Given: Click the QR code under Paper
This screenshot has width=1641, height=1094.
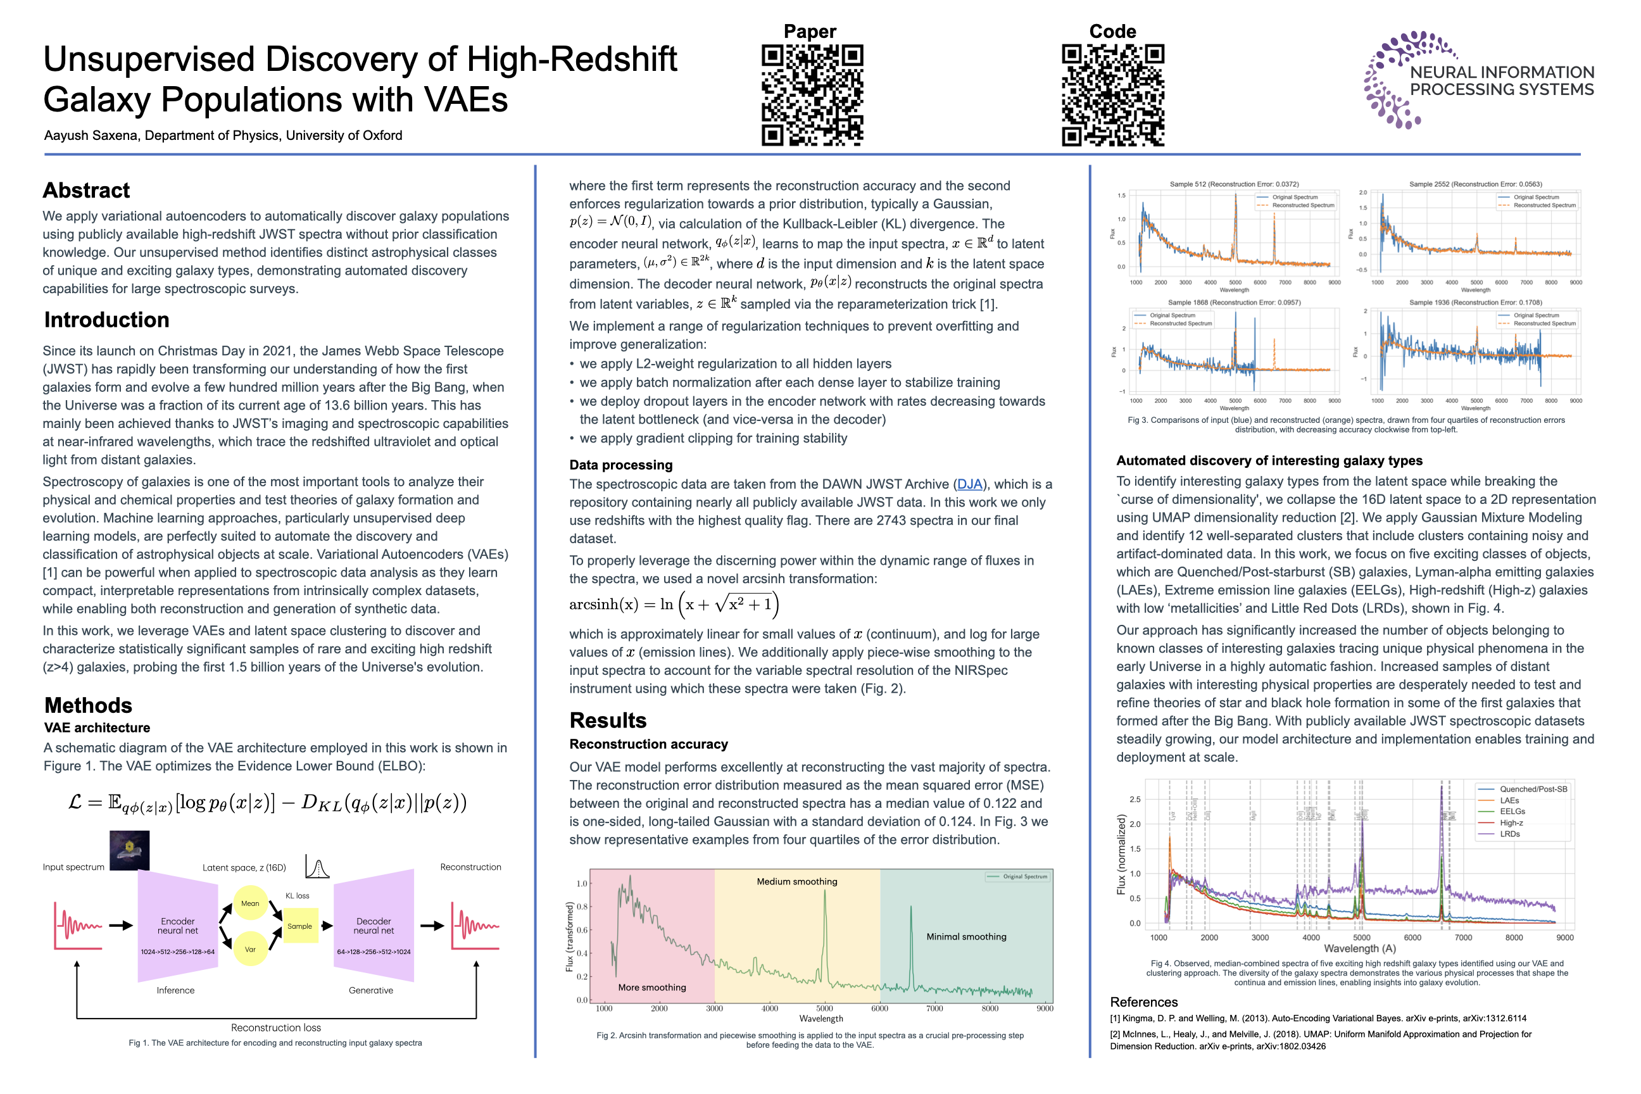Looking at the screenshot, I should coord(812,95).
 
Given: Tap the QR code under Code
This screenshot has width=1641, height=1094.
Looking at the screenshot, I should coord(1113,95).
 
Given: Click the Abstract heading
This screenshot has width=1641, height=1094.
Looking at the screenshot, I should coord(87,190).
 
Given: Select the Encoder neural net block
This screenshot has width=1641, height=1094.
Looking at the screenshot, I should coord(178,926).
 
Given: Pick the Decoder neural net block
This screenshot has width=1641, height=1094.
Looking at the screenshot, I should coord(374,926).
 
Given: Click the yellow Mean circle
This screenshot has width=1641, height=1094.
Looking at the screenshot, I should coord(250,903).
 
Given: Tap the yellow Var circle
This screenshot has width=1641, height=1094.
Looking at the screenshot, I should coord(250,950).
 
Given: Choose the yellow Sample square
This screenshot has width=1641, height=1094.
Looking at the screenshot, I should coord(300,926).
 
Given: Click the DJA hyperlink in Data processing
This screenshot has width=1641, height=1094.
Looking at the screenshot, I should coord(969,484).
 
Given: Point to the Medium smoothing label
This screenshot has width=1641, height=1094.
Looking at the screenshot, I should coord(797,881).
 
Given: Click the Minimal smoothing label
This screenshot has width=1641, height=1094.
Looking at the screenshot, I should coord(966,936).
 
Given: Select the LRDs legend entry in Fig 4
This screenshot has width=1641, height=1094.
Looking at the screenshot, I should coord(1510,834).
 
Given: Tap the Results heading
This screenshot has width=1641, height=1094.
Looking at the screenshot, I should coord(608,720).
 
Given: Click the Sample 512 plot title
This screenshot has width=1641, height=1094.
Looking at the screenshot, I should coord(1233,184).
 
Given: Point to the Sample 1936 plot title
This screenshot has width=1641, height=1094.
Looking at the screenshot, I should coord(1475,302).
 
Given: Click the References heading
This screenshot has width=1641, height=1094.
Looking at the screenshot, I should coord(1143,1002).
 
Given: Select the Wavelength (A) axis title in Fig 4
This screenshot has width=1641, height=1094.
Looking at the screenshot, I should coord(1360,948).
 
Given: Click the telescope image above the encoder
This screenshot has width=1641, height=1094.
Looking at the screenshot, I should coord(130,850).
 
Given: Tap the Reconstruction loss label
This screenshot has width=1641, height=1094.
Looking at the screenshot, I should coord(275,1027).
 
